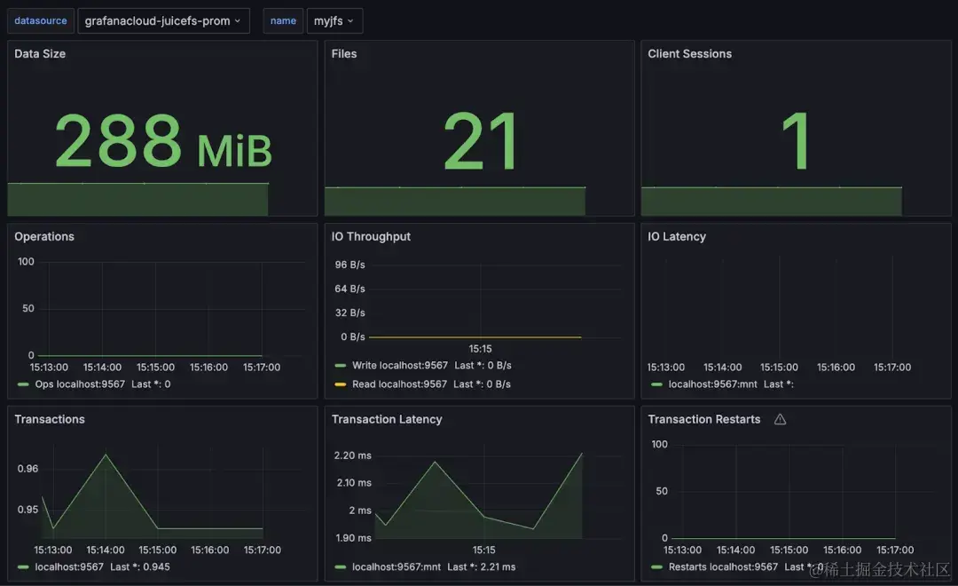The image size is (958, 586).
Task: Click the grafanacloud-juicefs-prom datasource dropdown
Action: tap(163, 20)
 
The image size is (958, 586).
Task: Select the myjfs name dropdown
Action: tap(334, 20)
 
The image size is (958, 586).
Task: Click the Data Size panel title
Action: tap(40, 54)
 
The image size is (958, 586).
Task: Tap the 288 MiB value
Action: tap(163, 142)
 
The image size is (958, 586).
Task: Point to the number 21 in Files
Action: tap(480, 142)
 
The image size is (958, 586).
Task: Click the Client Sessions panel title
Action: tap(689, 54)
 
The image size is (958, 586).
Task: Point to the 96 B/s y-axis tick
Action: tap(349, 265)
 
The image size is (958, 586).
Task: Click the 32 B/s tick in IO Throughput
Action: tap(349, 313)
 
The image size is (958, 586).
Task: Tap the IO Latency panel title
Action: tap(677, 237)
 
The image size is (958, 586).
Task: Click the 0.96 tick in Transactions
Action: tap(27, 469)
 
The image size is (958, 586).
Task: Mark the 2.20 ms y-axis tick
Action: tap(352, 455)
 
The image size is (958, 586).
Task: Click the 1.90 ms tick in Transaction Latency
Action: tap(352, 538)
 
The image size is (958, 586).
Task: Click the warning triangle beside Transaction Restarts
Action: tap(780, 420)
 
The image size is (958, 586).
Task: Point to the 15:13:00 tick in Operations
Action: tap(51, 368)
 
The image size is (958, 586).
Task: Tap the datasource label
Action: tap(39, 20)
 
